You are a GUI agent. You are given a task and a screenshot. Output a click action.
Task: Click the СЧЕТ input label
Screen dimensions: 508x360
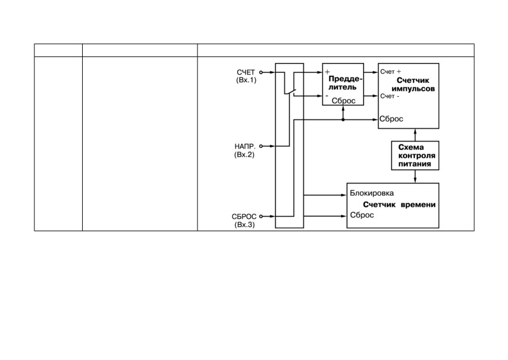tap(246, 72)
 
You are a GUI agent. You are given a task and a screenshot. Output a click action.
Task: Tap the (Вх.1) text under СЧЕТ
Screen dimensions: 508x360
tap(246, 80)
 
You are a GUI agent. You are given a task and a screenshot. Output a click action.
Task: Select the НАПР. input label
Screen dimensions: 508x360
tap(245, 146)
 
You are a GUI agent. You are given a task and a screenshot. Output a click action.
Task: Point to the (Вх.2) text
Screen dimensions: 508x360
tap(244, 154)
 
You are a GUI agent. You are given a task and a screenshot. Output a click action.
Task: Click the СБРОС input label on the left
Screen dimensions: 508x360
tap(244, 217)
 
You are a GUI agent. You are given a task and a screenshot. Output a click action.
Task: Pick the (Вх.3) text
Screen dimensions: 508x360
tap(245, 224)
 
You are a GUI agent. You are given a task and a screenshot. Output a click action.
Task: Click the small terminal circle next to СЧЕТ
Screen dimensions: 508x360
tap(261, 72)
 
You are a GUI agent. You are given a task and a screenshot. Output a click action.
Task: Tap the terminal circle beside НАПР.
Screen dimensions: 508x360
tap(261, 146)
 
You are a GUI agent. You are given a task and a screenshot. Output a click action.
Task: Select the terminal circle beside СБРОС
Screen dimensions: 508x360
tap(261, 216)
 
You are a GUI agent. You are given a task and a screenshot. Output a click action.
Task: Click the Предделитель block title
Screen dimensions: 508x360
tap(345, 83)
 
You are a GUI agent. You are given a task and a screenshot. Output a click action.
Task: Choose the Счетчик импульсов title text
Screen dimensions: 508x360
tap(413, 84)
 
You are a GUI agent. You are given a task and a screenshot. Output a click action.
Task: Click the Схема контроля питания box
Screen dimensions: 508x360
tap(415, 156)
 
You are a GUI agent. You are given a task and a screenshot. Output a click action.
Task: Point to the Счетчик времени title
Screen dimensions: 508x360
tap(399, 204)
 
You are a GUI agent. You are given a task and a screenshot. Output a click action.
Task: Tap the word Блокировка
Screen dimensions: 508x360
tap(372, 193)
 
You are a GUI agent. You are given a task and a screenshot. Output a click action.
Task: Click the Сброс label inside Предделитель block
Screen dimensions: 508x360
tap(343, 101)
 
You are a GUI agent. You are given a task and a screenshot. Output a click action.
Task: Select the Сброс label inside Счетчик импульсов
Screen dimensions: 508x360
tap(391, 119)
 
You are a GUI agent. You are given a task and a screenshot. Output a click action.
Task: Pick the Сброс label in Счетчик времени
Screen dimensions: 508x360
tap(362, 215)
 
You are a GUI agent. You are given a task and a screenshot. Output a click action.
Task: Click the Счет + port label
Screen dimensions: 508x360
tap(390, 72)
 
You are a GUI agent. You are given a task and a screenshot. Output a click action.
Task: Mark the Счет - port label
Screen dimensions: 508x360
tap(390, 96)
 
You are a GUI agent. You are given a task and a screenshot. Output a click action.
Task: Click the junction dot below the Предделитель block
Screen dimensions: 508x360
tap(343, 119)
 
